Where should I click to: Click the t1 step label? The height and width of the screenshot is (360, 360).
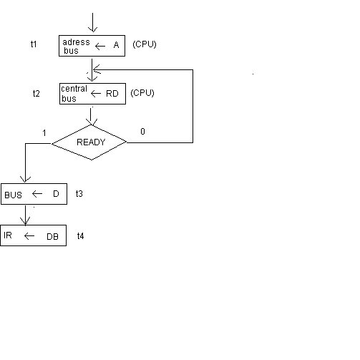pos(34,44)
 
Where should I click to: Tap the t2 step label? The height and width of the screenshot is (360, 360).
pos(37,93)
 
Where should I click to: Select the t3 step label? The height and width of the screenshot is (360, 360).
pos(79,193)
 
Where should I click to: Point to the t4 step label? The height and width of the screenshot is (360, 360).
pos(80,236)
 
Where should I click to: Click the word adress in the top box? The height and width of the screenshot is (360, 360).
pos(76,42)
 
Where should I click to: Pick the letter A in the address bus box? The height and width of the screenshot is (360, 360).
pos(116,45)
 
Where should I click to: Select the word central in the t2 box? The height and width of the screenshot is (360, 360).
pos(74,89)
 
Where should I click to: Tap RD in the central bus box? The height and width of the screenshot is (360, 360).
pos(112,94)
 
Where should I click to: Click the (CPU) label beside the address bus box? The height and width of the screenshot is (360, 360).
pos(145,44)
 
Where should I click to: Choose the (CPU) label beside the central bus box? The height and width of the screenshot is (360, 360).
pos(142,93)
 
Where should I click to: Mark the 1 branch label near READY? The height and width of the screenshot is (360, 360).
pos(44,133)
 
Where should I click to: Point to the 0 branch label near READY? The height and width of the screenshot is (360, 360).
pos(142,132)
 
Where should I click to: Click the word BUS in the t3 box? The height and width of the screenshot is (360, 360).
pos(13,195)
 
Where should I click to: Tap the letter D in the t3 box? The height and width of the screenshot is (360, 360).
pos(56,194)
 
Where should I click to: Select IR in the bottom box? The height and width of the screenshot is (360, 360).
pos(8,235)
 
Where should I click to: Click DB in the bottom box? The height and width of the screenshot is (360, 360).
pos(52,237)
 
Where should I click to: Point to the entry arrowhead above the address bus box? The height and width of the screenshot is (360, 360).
pos(92,29)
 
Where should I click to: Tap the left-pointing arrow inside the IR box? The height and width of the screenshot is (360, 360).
pos(29,236)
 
